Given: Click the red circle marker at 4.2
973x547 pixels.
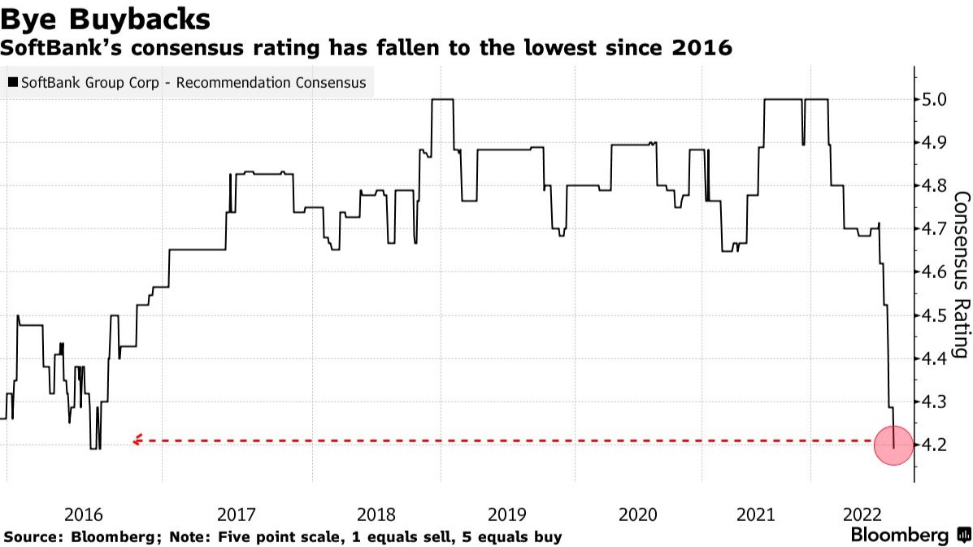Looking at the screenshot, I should [x=894, y=445].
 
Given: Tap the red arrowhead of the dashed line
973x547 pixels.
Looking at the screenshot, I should [x=137, y=441].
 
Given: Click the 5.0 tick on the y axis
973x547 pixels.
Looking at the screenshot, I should [x=932, y=100].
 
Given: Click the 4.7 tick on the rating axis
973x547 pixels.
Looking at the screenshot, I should [x=932, y=229].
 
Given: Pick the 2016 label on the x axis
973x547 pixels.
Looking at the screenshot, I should [x=83, y=514].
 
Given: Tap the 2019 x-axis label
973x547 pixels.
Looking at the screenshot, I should [x=507, y=514].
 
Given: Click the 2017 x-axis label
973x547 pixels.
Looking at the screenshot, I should [x=237, y=514].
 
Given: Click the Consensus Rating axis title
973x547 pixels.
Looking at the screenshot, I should [x=960, y=275].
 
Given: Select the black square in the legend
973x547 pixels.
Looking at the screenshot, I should [x=12, y=83].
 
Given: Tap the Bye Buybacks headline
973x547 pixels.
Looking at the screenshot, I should [x=107, y=18].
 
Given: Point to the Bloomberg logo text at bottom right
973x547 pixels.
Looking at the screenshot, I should [x=899, y=536].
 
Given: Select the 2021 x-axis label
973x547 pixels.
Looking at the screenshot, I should [x=756, y=514].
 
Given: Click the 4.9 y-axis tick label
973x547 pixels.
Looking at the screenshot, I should [x=932, y=143].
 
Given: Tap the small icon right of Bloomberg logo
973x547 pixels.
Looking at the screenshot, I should [x=964, y=536].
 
